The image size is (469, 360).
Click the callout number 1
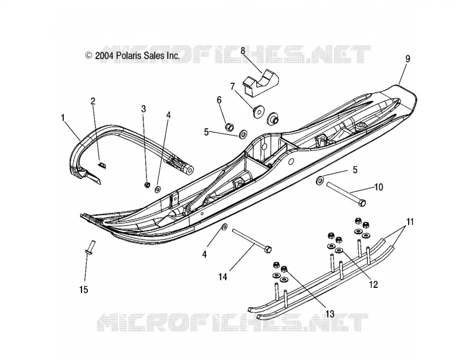point(63,118)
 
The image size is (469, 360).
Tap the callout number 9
point(407,59)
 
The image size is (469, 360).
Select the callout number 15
point(84,290)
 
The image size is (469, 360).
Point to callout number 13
point(329,314)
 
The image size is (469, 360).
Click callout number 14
point(223,277)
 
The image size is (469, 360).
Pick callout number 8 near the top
point(243,50)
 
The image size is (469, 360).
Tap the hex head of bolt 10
point(362,203)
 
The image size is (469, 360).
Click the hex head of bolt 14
point(269,249)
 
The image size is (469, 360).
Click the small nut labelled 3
point(147,185)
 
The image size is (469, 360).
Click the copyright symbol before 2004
point(89,55)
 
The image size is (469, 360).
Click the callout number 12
point(373,284)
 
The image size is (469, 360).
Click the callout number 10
point(379,188)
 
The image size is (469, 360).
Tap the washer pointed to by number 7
point(258,111)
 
